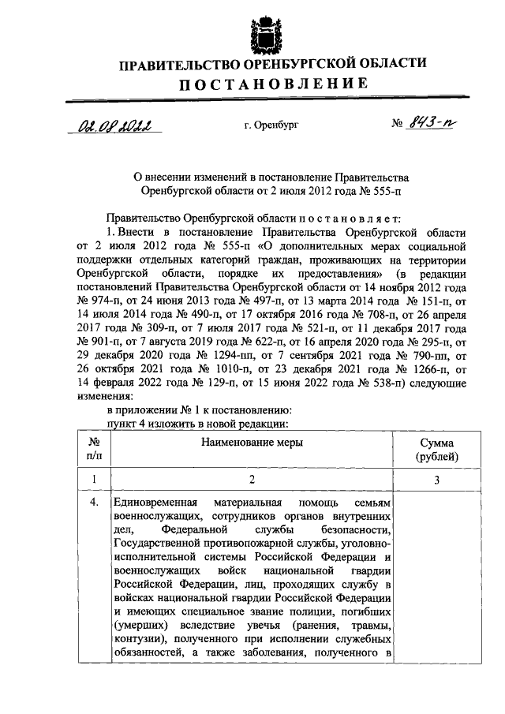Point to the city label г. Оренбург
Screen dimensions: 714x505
tap(272, 125)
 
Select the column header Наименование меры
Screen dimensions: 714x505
tap(252, 443)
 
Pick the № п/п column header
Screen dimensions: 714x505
tap(93, 450)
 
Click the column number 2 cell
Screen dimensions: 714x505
tap(252, 480)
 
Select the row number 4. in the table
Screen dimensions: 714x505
tap(93, 502)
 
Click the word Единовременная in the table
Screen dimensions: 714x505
tap(157, 502)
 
